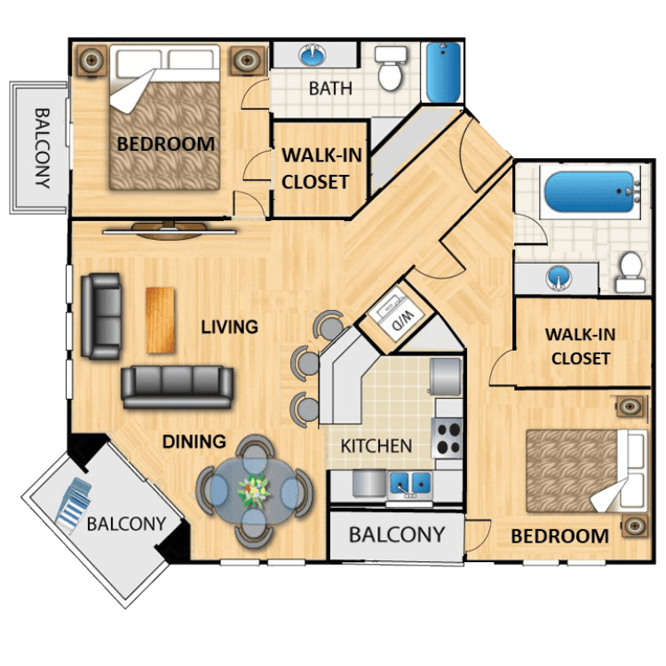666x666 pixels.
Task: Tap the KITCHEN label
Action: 377,446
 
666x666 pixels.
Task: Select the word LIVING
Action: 229,327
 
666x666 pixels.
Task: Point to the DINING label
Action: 194,441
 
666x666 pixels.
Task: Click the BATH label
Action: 330,88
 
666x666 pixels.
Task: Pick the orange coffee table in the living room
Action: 160,321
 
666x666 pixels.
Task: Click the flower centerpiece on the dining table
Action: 254,490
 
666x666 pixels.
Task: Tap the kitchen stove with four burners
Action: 447,438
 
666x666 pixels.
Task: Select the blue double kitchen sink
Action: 410,482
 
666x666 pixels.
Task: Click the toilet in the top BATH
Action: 390,67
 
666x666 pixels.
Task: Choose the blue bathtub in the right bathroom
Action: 591,192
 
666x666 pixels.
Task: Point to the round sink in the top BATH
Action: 313,54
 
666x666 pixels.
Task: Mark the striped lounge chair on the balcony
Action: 73,504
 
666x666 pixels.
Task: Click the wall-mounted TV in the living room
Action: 170,230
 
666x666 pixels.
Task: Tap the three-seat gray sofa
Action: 177,387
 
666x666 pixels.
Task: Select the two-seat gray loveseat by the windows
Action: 101,316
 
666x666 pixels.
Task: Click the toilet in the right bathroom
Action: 630,272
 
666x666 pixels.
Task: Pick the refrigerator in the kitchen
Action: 445,377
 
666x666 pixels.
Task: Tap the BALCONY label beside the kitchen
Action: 397,535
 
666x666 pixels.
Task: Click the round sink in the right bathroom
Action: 559,277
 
